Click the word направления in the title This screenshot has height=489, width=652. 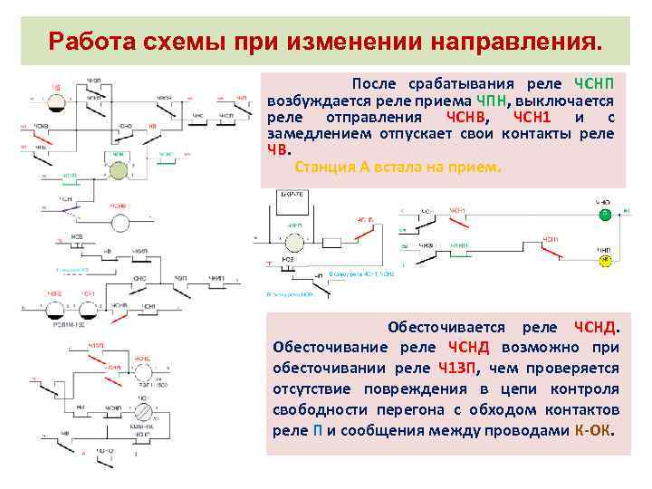[520, 42]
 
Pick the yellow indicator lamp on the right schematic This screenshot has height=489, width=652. [602, 261]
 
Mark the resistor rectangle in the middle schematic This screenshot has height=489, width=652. [331, 242]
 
